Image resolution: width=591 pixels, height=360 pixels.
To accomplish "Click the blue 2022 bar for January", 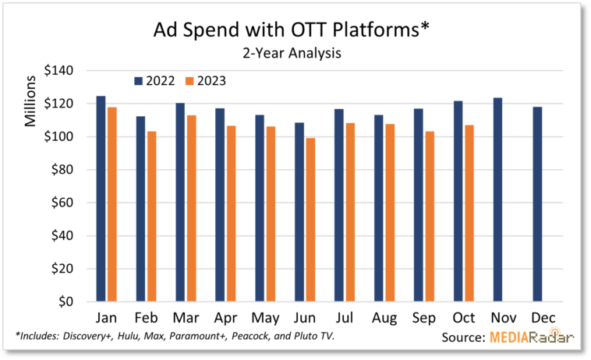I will click(101, 199).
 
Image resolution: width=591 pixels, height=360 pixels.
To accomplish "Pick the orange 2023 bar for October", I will click(469, 214).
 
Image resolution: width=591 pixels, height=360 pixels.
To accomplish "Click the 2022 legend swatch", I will click(138, 80).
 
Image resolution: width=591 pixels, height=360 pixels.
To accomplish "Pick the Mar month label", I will click(184, 318).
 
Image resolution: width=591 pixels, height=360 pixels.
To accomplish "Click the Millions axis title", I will click(30, 101).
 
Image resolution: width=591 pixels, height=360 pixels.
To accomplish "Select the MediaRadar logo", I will click(533, 337).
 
